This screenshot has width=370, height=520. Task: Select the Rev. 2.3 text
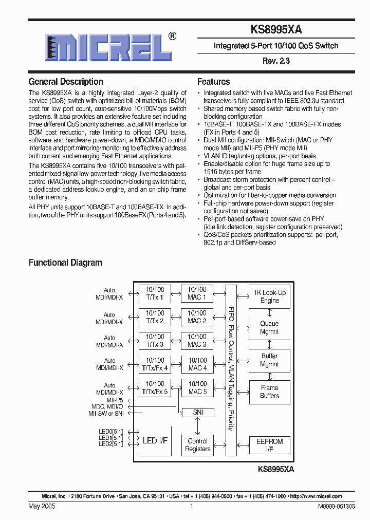[276, 61]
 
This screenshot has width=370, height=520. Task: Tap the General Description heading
[66, 82]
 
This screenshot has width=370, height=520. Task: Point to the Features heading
[213, 82]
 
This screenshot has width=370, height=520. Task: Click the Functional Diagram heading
[65, 263]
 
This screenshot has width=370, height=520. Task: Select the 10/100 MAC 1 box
[197, 293]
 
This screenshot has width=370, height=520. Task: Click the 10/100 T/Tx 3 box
[155, 341]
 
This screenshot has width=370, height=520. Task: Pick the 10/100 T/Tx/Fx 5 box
[155, 388]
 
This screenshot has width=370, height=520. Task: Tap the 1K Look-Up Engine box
[270, 296]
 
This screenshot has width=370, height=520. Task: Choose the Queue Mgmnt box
[269, 328]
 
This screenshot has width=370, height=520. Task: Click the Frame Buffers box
[269, 392]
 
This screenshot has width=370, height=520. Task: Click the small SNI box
[198, 413]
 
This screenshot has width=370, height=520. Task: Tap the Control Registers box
[197, 445]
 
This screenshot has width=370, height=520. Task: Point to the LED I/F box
[155, 440]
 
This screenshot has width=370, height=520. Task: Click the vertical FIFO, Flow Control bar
[231, 370]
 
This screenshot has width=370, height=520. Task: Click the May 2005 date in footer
[42, 506]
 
